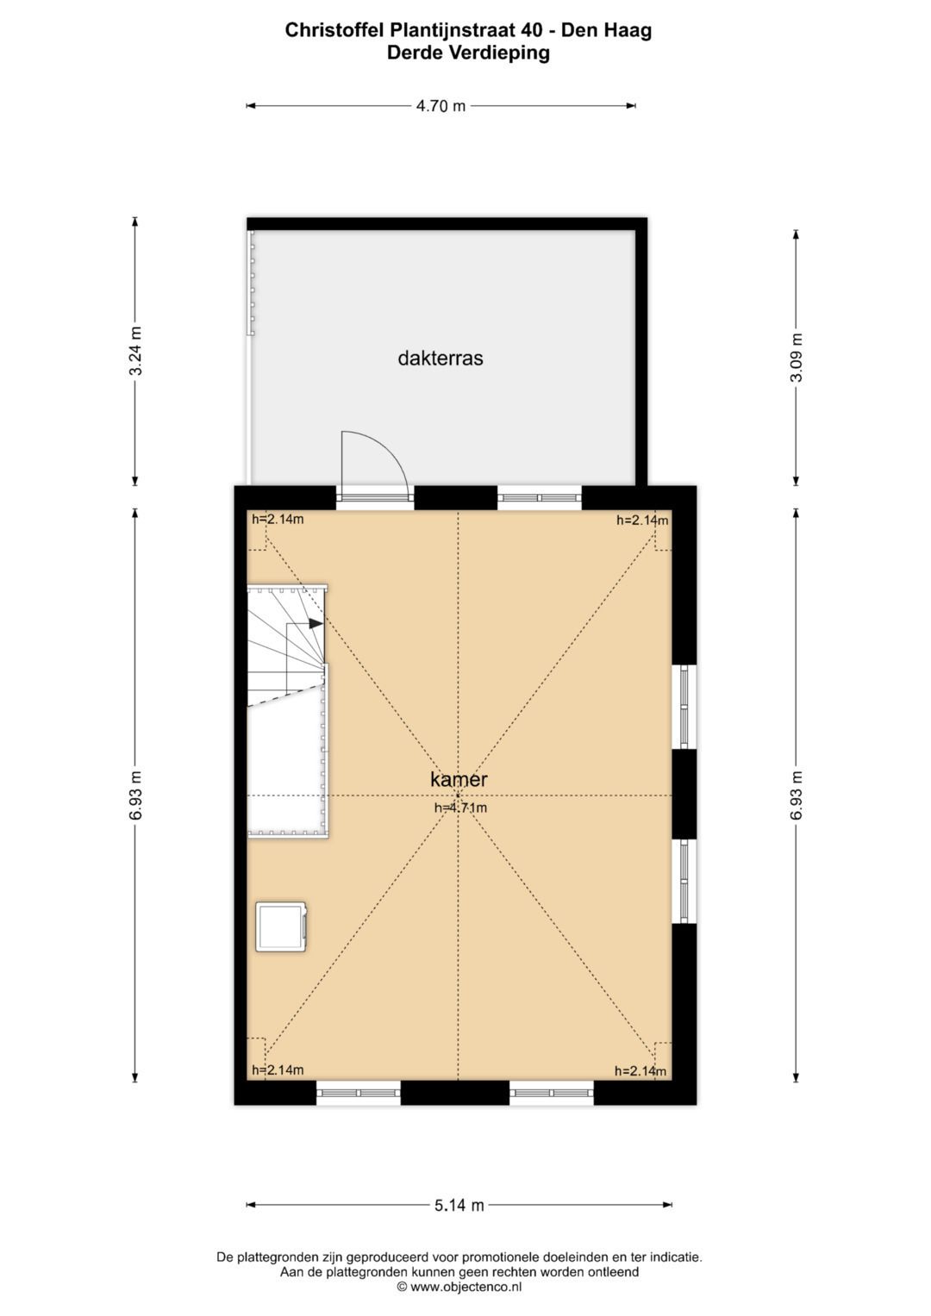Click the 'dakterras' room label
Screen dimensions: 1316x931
tap(440, 359)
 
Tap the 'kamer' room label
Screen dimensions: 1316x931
tap(459, 780)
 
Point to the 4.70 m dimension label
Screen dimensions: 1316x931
tap(441, 106)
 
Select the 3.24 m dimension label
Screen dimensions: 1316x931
tap(134, 351)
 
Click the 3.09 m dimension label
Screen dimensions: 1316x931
tap(796, 358)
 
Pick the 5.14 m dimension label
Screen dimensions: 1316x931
tap(459, 1205)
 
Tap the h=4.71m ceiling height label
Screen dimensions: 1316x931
tap(460, 808)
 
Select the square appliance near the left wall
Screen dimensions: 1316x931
tap(281, 926)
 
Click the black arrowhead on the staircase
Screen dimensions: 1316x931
tap(316, 623)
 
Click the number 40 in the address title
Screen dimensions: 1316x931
tap(531, 30)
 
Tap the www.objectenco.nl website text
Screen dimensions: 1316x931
tap(465, 1287)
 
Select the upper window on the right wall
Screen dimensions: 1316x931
tap(684, 706)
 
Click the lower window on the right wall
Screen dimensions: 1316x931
tap(684, 881)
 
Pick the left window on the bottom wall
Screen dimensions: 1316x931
tap(358, 1093)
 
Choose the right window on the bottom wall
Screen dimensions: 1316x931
tap(552, 1093)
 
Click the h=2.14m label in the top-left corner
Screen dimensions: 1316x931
tap(278, 519)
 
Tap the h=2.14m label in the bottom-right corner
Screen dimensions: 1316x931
tap(640, 1071)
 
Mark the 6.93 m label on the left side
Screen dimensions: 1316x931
tap(134, 795)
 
